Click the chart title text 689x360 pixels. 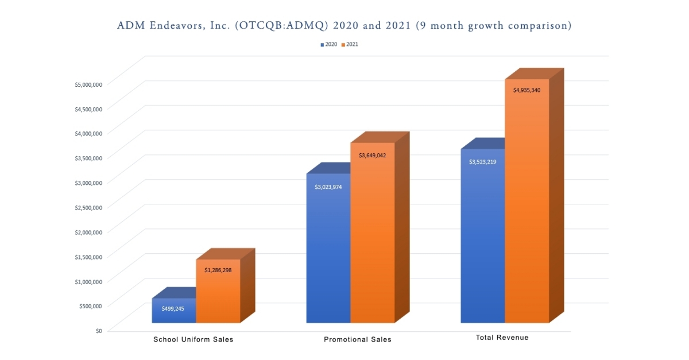pos(344,26)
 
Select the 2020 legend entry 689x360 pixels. pos(329,44)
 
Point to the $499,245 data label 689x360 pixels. pos(173,308)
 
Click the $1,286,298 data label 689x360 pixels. pos(218,270)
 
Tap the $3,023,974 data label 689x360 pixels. pos(328,187)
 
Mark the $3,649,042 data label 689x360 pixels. pos(372,156)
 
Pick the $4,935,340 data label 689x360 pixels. pos(527,90)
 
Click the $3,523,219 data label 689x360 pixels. pos(482,162)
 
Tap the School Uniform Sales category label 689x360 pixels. pos(193,339)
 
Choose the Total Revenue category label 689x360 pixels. pos(502,338)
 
